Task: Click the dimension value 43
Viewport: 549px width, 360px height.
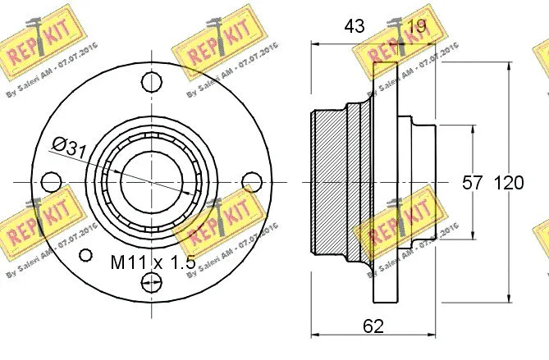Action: pos(354,26)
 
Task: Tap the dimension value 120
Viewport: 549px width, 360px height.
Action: pos(508,183)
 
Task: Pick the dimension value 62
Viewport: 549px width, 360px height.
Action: pos(373,326)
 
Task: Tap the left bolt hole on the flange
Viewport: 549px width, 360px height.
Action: pos(50,181)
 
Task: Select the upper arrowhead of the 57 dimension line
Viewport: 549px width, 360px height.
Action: pos(474,130)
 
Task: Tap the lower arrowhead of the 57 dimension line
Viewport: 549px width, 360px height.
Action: pos(474,236)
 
